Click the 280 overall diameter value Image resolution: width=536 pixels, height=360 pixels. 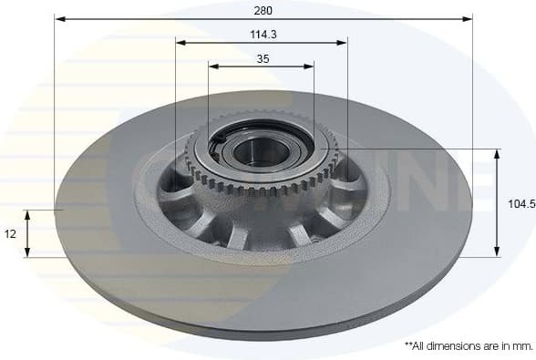pos(263,10)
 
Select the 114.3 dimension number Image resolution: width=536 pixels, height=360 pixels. pos(262,34)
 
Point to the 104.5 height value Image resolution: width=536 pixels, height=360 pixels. pos(521,205)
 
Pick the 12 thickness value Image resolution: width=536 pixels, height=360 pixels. pos(10,234)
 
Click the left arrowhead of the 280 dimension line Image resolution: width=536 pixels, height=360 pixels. pos(59,18)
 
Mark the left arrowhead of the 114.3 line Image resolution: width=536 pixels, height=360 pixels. pos(180,42)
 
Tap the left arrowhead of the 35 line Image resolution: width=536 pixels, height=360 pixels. pos(213,66)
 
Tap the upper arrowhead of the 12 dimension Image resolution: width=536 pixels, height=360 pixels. pos(27,214)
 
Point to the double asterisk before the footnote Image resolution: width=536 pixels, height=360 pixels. pos(407,345)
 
